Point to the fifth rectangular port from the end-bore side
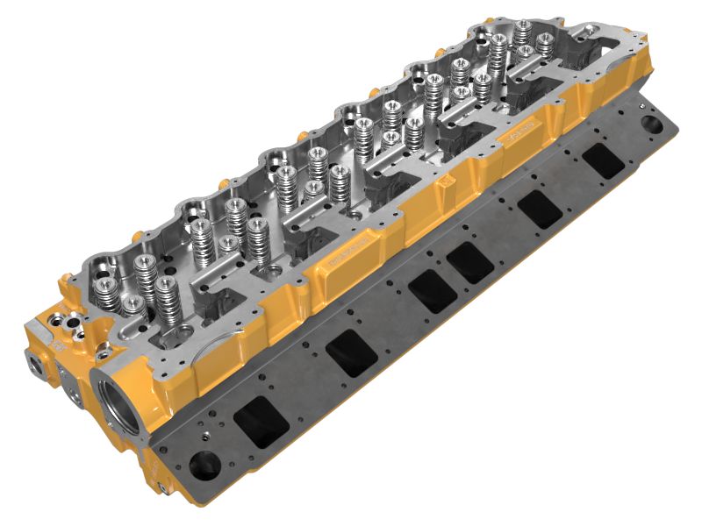coord(540,209)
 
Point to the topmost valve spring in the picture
coord(523,32)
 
